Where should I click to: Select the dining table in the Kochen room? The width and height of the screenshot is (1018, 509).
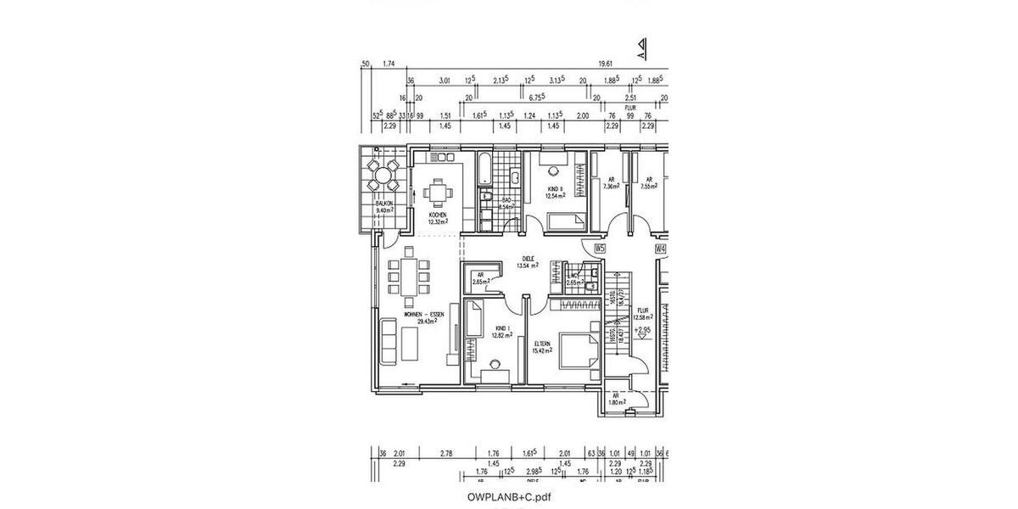[x=438, y=193]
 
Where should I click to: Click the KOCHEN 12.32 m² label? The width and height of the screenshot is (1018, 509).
[x=438, y=219]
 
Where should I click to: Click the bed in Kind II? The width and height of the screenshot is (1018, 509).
[x=567, y=222]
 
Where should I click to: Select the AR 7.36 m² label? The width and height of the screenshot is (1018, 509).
[x=611, y=183]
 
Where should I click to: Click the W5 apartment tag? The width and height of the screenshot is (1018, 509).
[x=600, y=249]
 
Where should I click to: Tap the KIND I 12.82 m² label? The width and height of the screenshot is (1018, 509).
[x=505, y=332]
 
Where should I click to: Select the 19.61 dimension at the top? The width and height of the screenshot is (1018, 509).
[x=606, y=64]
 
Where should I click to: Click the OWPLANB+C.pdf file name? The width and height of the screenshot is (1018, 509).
[x=508, y=496]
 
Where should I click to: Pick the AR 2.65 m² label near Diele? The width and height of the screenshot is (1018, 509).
[x=480, y=278]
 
